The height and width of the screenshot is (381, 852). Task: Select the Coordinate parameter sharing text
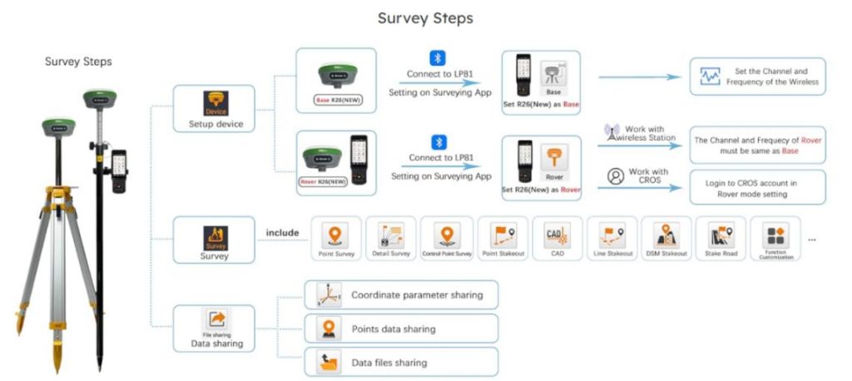(x=417, y=294)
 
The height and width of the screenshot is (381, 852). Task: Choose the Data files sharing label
(x=389, y=363)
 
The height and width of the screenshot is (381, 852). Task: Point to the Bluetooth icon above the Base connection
(x=437, y=58)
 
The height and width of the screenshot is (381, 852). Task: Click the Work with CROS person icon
(x=615, y=176)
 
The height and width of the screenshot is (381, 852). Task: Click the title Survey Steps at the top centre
(x=427, y=17)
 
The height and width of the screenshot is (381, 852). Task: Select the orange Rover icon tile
(x=553, y=159)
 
